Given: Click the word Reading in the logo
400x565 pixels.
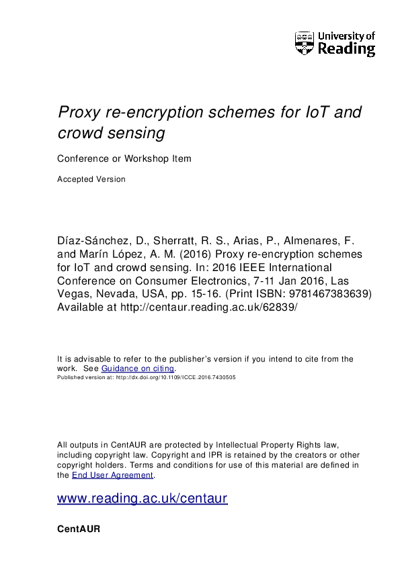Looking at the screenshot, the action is (346, 49).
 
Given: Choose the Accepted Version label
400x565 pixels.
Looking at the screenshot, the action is (91, 179).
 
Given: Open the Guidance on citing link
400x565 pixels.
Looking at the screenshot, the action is (138, 368).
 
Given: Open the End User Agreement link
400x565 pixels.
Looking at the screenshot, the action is (112, 474).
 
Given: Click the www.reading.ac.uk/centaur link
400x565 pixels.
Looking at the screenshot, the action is (143, 499).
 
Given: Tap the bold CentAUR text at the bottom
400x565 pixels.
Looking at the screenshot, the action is (79, 529).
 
